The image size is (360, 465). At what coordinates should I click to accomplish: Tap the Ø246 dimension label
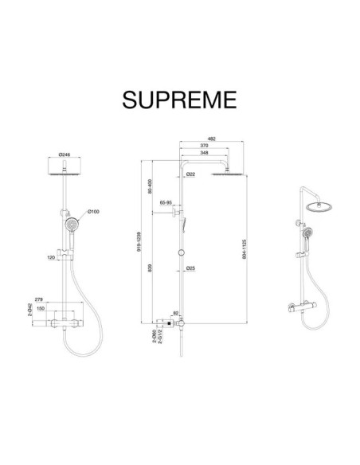coord(65,156)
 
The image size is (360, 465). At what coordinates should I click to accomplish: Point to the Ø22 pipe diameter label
coord(192,174)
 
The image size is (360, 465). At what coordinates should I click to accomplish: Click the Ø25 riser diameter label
coord(191,268)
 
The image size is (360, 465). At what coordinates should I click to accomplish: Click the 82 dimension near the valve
coord(176,314)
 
